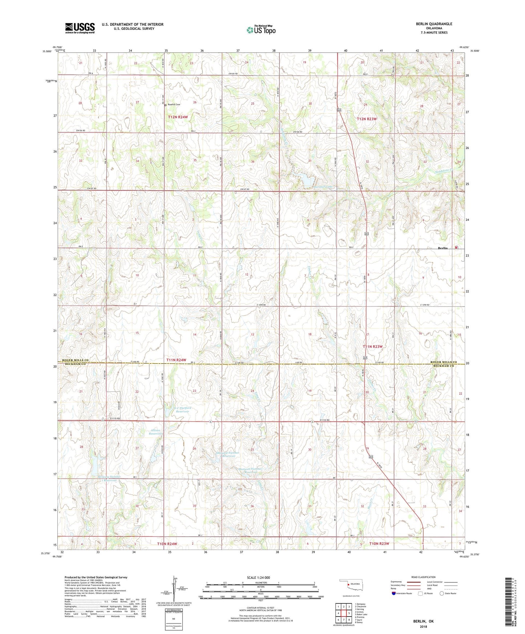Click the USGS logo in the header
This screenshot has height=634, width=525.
pos(80,28)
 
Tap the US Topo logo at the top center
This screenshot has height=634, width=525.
pos(261,29)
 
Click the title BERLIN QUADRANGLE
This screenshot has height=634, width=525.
pos(434,24)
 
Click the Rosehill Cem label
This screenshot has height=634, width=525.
pos(174,105)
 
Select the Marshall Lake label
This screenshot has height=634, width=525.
pos(323,187)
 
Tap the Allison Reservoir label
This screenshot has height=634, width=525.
pos(155,432)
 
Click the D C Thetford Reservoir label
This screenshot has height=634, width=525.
pos(182,410)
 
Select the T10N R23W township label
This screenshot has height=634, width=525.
pos(379,544)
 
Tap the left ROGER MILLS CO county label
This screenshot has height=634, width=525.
pos(75,361)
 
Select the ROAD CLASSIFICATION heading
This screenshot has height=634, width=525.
pos(423,577)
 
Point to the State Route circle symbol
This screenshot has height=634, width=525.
pos(441,593)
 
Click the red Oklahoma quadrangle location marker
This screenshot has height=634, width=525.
pos(348,585)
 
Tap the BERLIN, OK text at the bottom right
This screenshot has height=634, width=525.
pos(423,621)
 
